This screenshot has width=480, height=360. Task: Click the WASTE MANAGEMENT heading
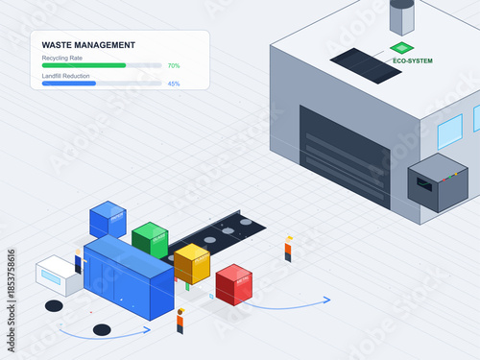[x=88, y=45]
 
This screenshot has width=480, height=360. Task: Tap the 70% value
[x=174, y=65]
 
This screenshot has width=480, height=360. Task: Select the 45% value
[x=174, y=84]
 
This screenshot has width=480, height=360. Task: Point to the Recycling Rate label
[x=62, y=58]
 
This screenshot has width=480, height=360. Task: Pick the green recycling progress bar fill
[x=84, y=65]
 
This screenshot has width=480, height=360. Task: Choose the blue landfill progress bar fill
[x=69, y=84]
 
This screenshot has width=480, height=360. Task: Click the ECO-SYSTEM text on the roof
[x=413, y=60]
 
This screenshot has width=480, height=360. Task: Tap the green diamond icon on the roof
[x=401, y=47]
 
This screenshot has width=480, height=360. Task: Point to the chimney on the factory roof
[x=401, y=16]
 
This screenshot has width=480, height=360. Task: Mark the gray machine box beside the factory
[x=437, y=180]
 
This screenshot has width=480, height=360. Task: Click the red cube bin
[x=233, y=284]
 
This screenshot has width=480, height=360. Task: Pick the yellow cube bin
[x=192, y=263]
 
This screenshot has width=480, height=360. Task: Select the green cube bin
[x=150, y=238]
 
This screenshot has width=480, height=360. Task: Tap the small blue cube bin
[x=108, y=220]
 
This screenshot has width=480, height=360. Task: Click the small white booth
[x=58, y=276]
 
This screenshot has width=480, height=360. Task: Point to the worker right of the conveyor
[x=288, y=249]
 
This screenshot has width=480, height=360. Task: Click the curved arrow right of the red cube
[x=293, y=306]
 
